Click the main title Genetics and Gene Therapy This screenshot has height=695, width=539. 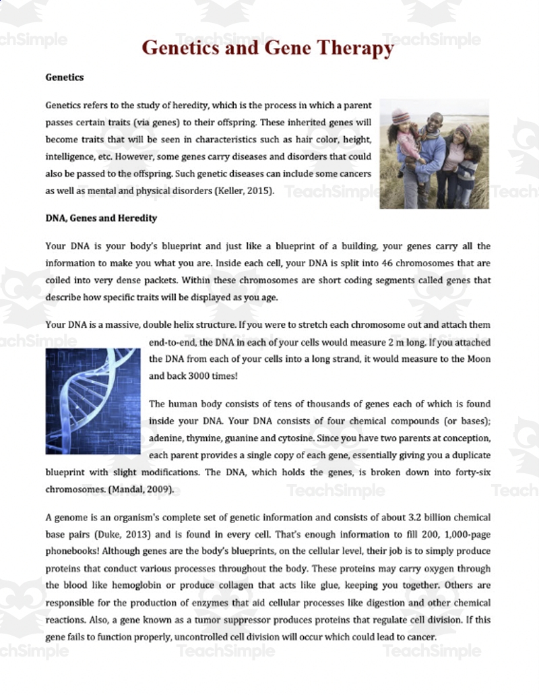tap(267, 48)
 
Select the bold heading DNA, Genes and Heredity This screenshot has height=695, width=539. tap(101, 218)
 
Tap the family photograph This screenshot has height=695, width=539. tap(435, 154)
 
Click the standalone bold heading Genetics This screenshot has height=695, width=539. tap(65, 77)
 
